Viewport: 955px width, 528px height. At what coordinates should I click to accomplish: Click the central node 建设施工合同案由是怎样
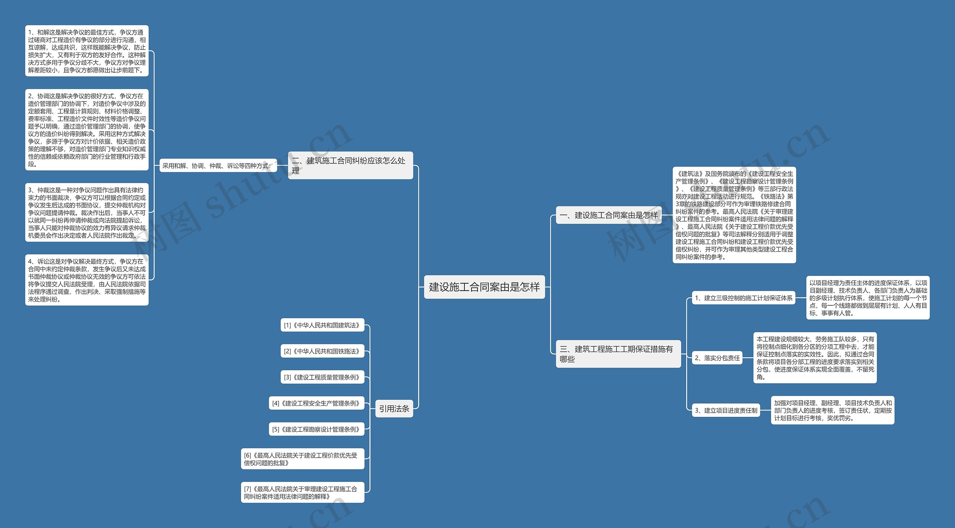484,287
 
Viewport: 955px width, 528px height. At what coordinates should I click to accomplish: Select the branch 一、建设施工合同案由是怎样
608,215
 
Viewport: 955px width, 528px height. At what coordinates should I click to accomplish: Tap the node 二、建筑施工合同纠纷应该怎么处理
350,166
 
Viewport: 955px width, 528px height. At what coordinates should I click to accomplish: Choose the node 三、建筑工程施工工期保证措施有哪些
618,354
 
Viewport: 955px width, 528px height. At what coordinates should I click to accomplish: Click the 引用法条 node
394,409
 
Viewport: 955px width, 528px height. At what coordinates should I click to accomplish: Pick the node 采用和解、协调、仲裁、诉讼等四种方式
218,166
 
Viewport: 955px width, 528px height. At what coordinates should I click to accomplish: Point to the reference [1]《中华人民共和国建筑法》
322,325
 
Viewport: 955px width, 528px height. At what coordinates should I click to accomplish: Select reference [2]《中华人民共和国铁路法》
322,351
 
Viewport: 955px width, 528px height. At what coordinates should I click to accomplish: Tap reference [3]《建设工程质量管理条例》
322,377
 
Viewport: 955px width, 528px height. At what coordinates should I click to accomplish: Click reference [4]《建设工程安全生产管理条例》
316,403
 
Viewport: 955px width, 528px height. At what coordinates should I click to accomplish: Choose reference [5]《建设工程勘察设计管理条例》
316,429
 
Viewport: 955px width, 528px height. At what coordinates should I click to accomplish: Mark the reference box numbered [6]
302,459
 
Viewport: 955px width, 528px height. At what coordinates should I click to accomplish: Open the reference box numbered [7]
302,493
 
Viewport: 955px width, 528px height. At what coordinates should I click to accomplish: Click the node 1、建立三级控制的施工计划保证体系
743,298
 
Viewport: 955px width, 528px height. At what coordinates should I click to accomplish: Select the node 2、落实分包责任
717,358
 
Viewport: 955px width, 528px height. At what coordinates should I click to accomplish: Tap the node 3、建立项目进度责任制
726,411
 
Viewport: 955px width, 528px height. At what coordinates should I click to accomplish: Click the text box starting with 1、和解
87,51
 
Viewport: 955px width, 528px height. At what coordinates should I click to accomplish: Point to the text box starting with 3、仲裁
87,213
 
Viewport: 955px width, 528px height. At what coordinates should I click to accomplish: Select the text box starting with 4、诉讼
87,280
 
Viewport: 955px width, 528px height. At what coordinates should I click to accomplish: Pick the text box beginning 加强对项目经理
832,410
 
